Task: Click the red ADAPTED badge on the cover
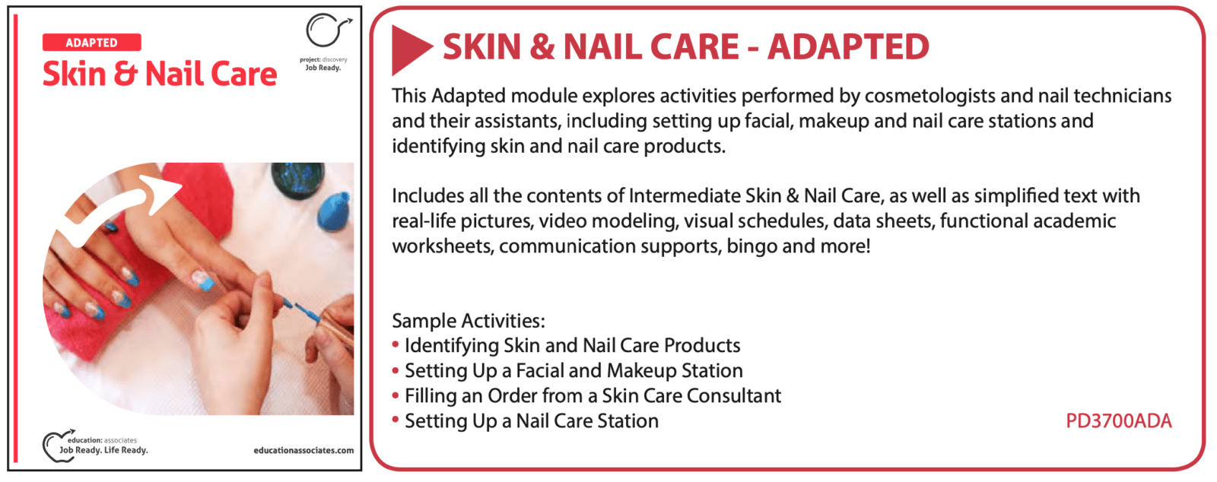pyautogui.click(x=92, y=43)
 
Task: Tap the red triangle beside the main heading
pyautogui.click(x=410, y=49)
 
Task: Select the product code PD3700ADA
pyautogui.click(x=1119, y=421)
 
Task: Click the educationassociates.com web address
pyautogui.click(x=303, y=451)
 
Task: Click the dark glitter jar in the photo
pyautogui.click(x=297, y=179)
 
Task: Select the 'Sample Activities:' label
pyautogui.click(x=469, y=321)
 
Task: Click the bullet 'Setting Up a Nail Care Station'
pyautogui.click(x=532, y=421)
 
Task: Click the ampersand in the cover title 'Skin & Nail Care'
pyautogui.click(x=125, y=75)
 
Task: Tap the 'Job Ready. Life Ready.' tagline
pyautogui.click(x=103, y=450)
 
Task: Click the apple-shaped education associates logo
pyautogui.click(x=58, y=446)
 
